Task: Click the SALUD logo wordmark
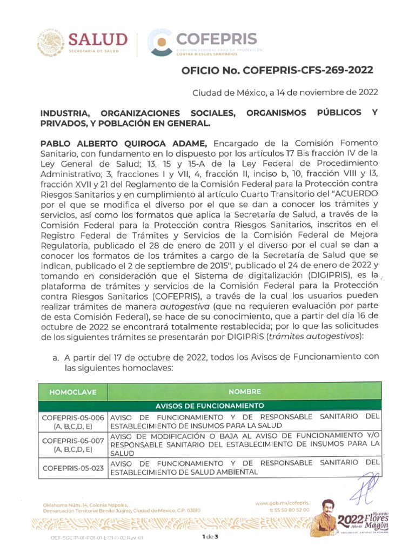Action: [x=97, y=39]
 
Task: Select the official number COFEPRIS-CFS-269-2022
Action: [x=277, y=70]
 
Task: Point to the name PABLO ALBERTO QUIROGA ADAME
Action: [x=124, y=143]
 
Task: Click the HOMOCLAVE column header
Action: [x=72, y=392]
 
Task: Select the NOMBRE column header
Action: [x=244, y=392]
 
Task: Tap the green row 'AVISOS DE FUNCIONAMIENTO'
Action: [x=210, y=405]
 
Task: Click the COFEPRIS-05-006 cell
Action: [x=72, y=421]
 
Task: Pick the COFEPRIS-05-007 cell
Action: [x=72, y=444]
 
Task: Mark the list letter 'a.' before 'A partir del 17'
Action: [x=56, y=357]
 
